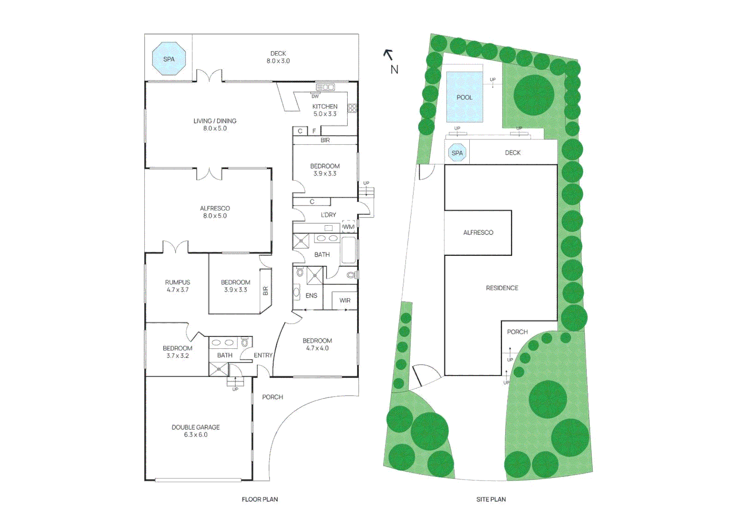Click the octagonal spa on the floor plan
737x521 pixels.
[169, 59]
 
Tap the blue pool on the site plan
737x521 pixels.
[464, 97]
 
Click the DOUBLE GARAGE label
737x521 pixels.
[196, 431]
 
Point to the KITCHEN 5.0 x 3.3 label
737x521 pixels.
[325, 110]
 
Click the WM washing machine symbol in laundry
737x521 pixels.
[348, 227]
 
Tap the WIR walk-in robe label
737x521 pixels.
[345, 301]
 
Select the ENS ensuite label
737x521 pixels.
[311, 296]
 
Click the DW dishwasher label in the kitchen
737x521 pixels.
[315, 96]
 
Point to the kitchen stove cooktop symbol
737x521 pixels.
[353, 109]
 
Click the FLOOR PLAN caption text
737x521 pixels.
[259, 499]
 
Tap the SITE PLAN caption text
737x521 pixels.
[491, 499]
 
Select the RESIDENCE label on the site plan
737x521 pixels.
[502, 288]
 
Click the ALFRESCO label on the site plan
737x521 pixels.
[478, 233]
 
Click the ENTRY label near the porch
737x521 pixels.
[263, 356]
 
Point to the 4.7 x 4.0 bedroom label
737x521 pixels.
[317, 344]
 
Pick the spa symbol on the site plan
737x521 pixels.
[457, 153]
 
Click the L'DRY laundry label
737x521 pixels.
[328, 215]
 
